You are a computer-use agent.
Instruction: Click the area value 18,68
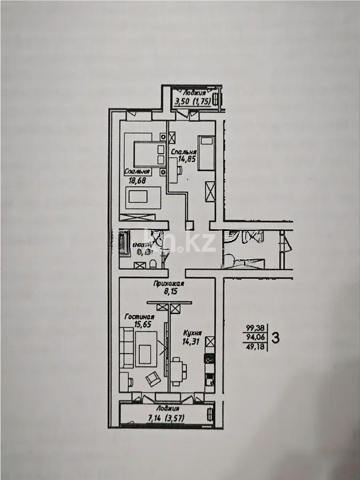coord(137,181)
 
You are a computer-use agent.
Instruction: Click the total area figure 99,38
coord(255,328)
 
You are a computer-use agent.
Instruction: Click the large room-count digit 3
coord(276,337)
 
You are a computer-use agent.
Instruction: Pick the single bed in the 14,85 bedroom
coord(205,153)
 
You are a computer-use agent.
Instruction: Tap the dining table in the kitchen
coord(181,369)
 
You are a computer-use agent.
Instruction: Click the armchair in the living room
coord(153,378)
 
